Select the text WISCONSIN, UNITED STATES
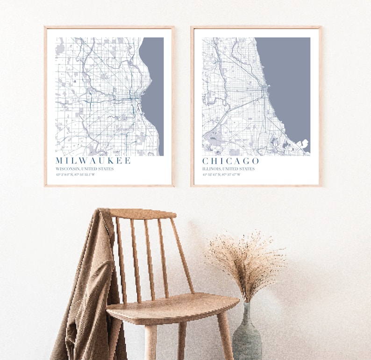point(85,169)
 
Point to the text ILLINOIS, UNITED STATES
point(228,169)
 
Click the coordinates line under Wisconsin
point(75,175)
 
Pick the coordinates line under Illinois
point(221,175)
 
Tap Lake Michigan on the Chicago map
point(285,79)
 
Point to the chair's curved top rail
point(143,214)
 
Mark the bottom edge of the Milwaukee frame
point(109,186)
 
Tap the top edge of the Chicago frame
point(256,27)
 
